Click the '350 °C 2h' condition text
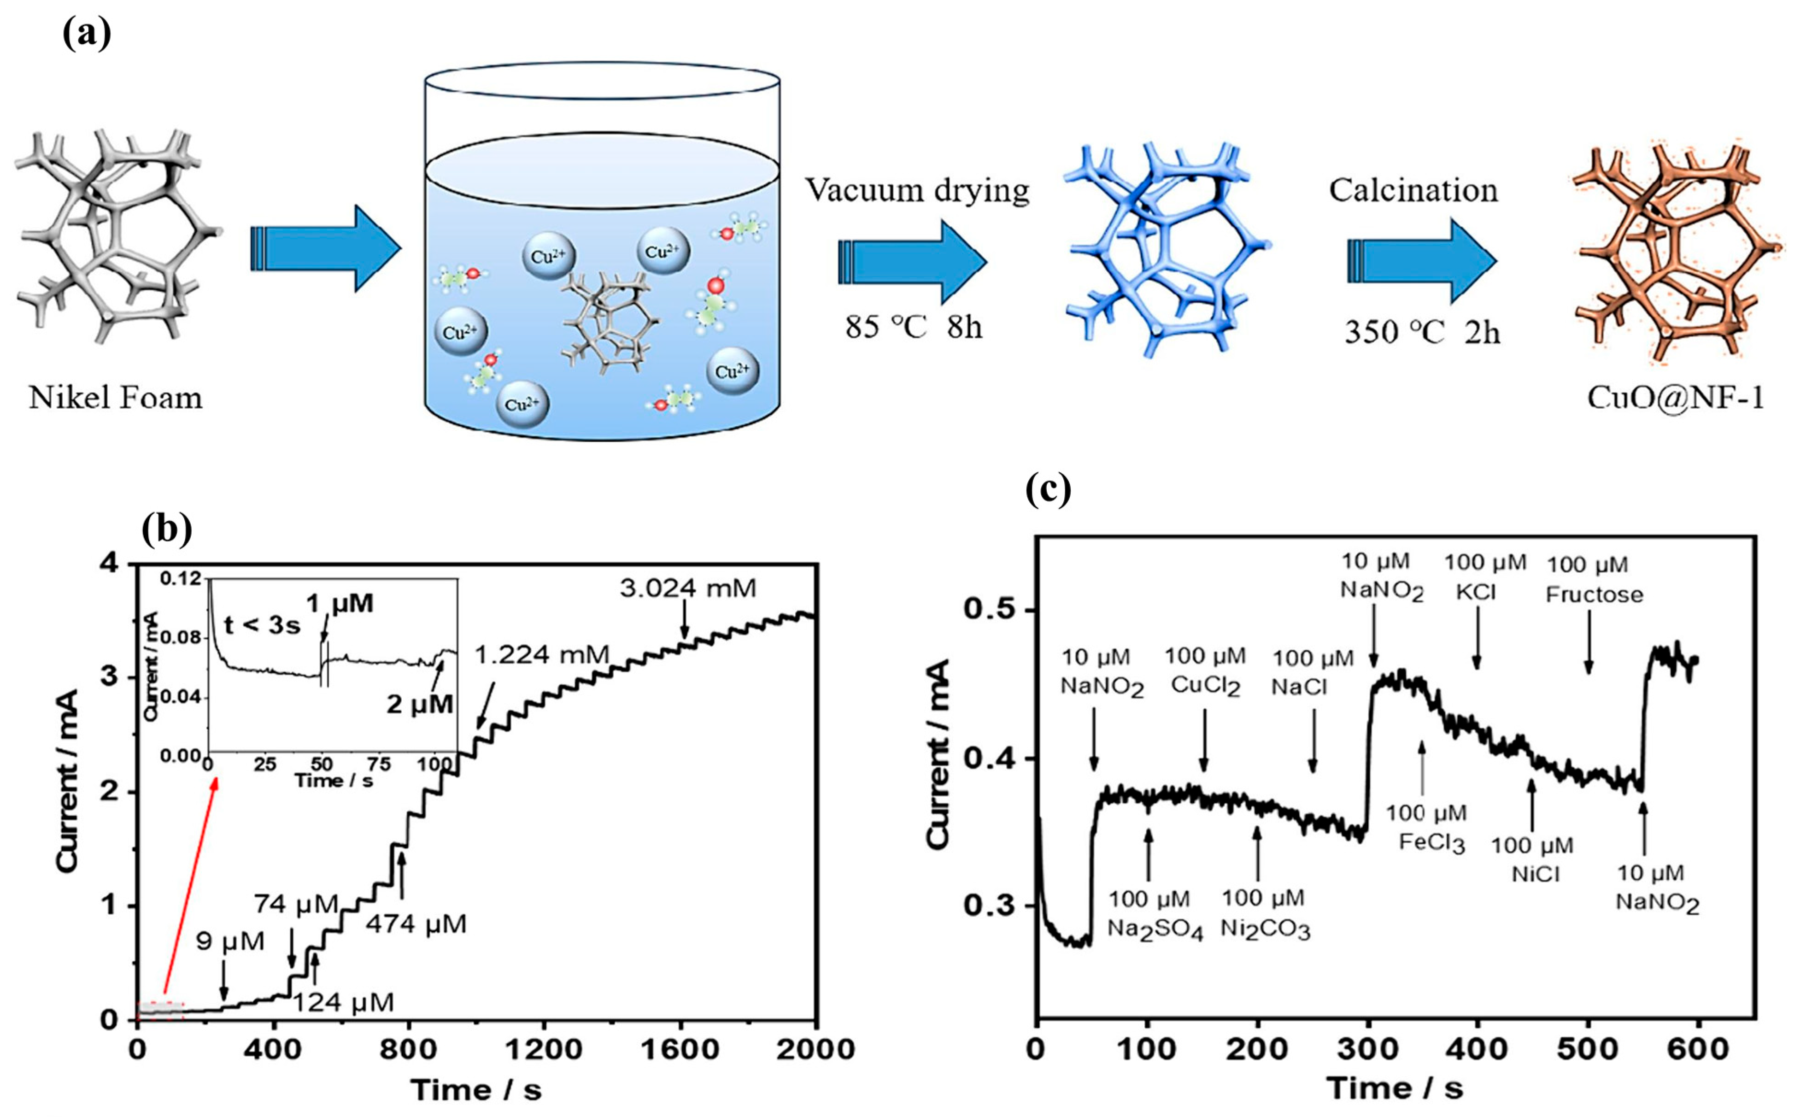pos(1422,332)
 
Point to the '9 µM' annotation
pos(230,942)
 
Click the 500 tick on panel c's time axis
pos(1588,1047)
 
